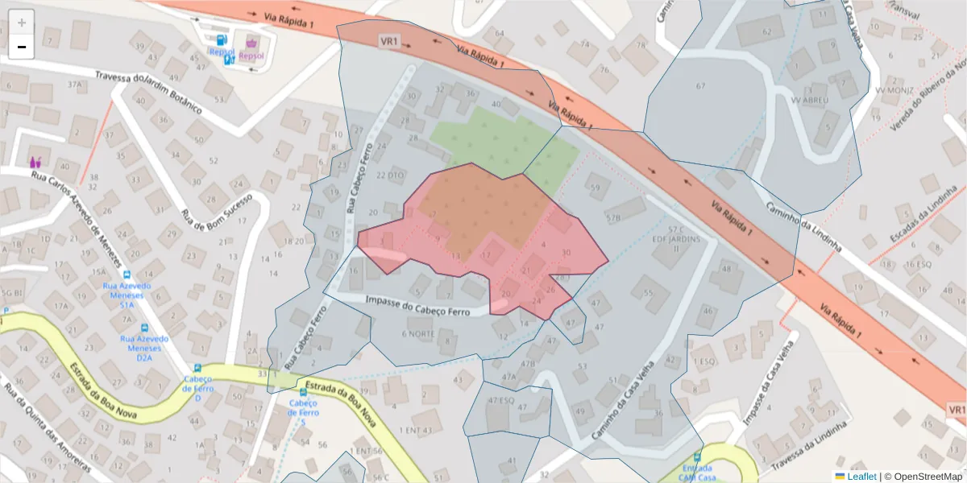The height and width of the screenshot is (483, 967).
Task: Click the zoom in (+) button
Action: [x=22, y=22]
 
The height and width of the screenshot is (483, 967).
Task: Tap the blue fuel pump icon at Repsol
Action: [x=221, y=39]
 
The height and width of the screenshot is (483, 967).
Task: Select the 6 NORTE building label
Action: [x=417, y=333]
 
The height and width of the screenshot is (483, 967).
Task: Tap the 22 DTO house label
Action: [x=390, y=175]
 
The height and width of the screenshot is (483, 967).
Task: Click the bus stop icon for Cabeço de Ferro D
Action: [x=197, y=368]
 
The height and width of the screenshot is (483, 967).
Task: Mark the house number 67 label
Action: [x=700, y=86]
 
